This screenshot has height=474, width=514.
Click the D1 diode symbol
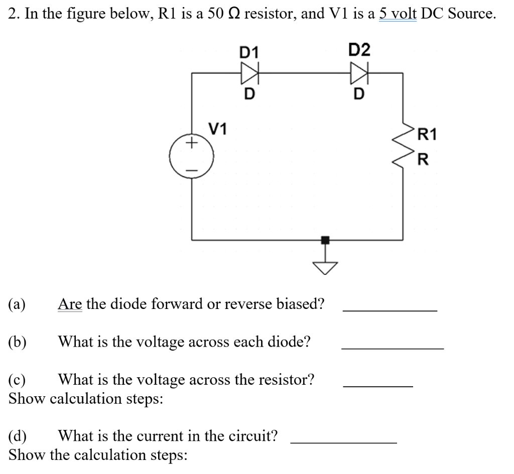point(249,73)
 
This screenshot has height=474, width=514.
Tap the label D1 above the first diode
point(249,52)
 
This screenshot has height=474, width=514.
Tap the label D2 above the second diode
point(359,50)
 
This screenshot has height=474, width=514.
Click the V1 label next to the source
point(218,129)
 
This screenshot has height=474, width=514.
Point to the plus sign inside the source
point(191,144)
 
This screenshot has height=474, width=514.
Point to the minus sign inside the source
point(191,169)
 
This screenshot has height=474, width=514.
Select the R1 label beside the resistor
point(428,134)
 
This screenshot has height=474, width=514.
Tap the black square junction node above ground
point(326,240)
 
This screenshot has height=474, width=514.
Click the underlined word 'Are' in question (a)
point(70,303)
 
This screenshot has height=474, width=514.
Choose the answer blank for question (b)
point(392,348)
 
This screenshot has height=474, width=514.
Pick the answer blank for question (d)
point(344,442)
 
